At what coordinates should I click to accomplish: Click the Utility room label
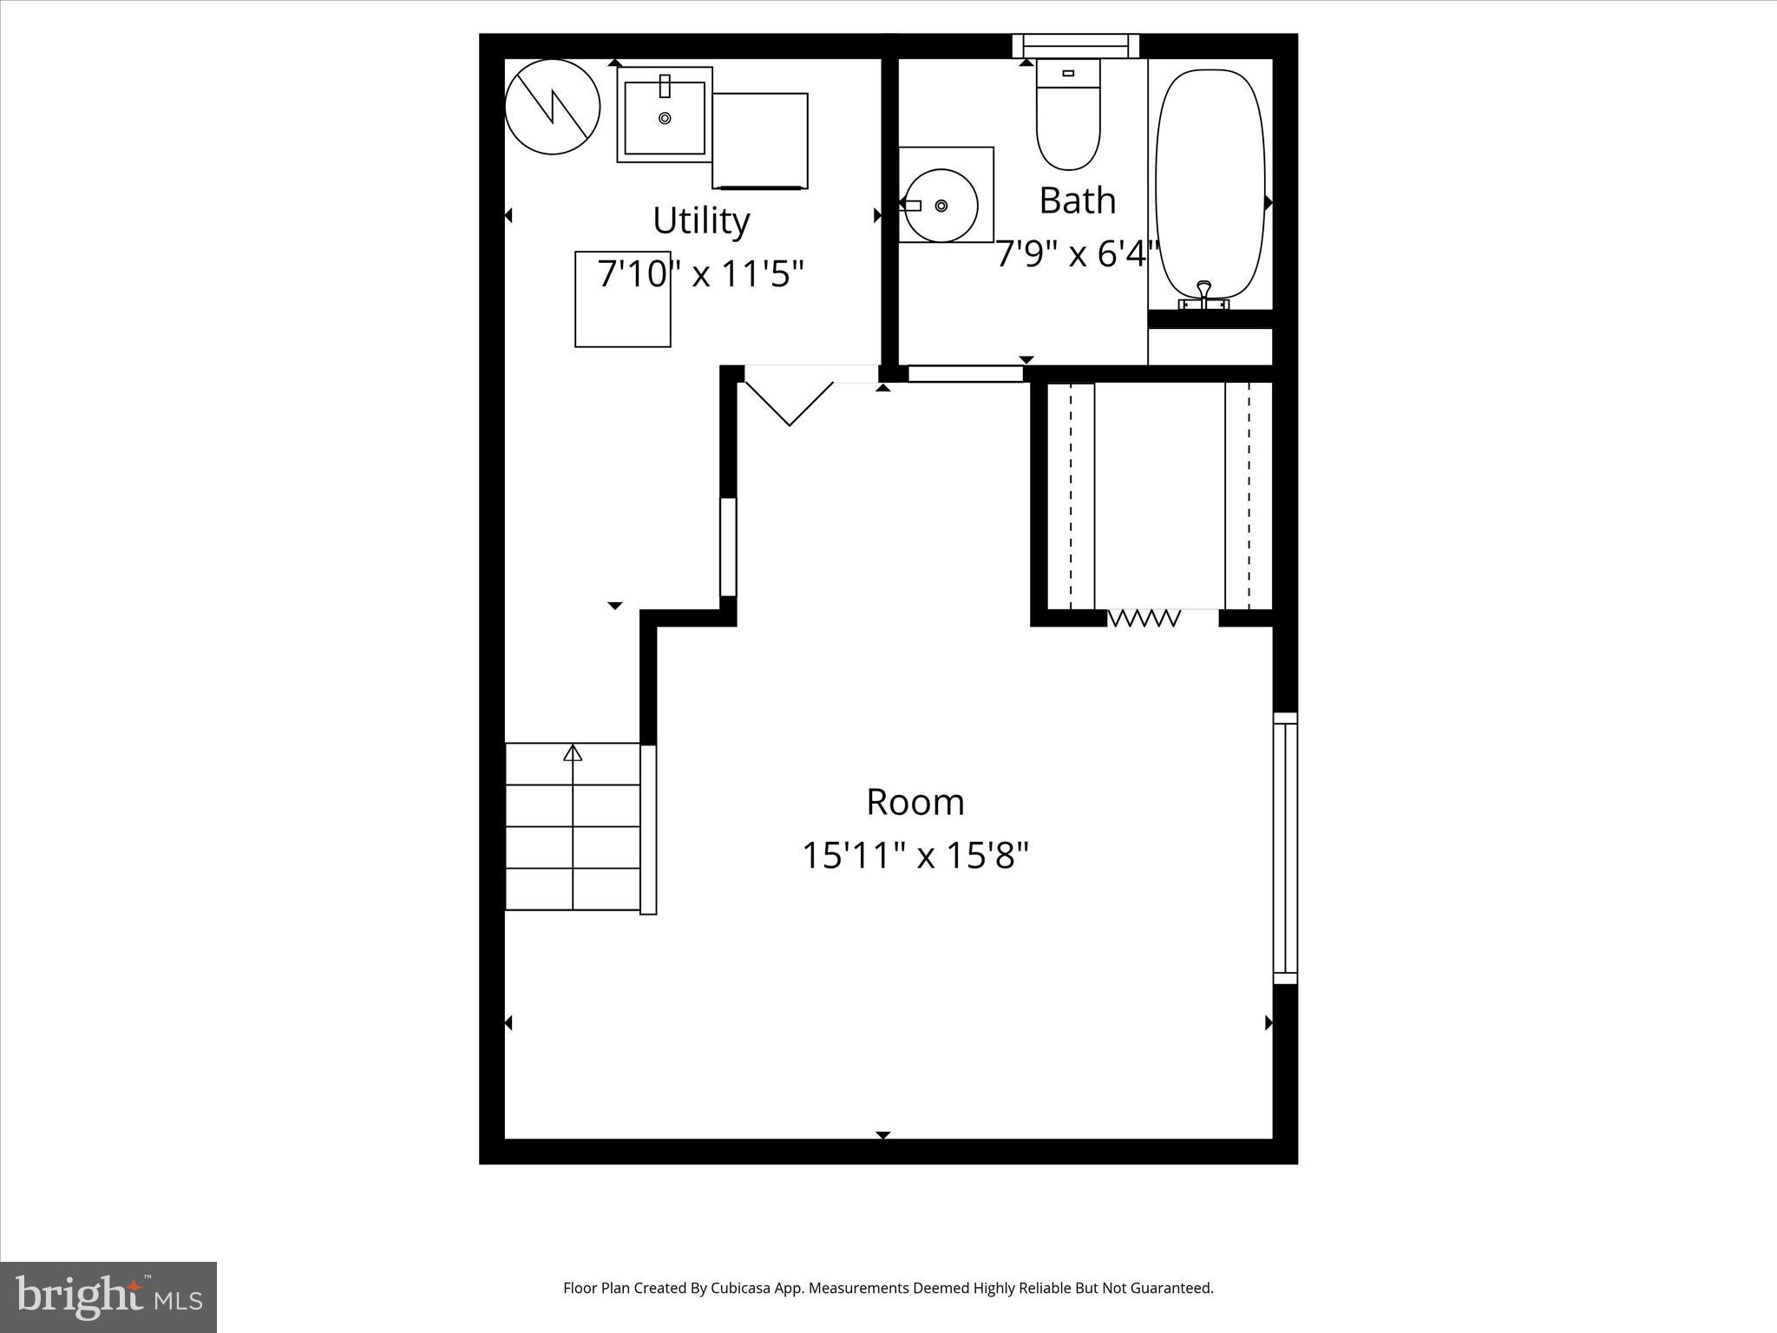[701, 220]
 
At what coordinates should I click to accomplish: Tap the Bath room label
[1077, 200]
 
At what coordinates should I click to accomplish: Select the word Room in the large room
[915, 802]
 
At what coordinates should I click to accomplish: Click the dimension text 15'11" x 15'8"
[915, 856]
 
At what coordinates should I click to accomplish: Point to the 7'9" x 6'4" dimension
[1077, 254]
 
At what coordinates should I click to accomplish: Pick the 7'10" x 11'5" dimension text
[701, 274]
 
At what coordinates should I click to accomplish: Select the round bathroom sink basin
[941, 206]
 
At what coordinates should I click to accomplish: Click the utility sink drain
[665, 118]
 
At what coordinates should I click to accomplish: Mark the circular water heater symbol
[553, 107]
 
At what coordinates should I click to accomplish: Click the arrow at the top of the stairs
[573, 753]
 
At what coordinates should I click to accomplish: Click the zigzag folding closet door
[1144, 618]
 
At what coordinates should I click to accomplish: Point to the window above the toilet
[1076, 45]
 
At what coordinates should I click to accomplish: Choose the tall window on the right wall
[1285, 848]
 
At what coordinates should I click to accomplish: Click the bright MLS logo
[108, 1296]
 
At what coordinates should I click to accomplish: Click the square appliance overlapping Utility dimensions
[622, 299]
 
